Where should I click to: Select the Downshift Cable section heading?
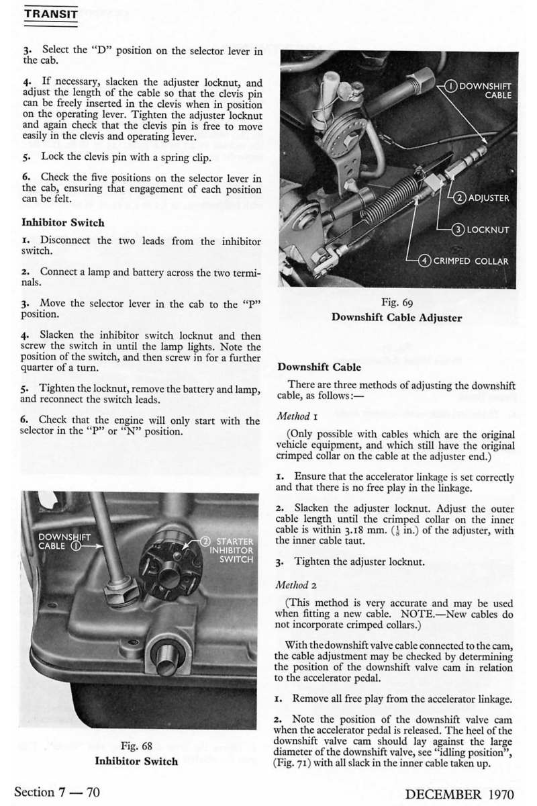coord(319,367)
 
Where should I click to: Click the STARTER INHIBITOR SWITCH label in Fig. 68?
coord(230,550)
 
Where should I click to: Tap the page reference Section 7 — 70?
coord(57,792)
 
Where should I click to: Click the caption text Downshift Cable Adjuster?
coord(396,318)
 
